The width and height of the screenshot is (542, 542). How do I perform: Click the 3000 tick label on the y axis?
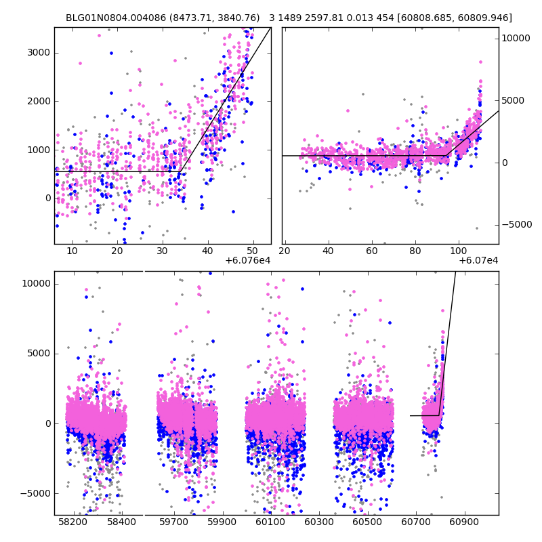[x=39, y=53]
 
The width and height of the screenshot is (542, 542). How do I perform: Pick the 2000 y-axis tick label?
[x=39, y=101]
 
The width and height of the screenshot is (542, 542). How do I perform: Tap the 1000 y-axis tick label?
[x=39, y=150]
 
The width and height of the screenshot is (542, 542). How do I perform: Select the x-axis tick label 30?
[x=163, y=251]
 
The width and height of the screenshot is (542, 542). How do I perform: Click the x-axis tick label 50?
[x=253, y=251]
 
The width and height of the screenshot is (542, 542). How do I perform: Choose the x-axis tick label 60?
[x=372, y=251]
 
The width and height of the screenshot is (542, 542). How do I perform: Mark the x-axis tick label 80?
[x=415, y=251]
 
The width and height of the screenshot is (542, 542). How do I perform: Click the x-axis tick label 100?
[x=459, y=251]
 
